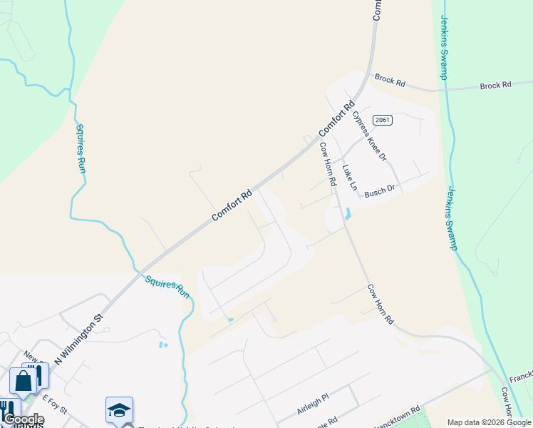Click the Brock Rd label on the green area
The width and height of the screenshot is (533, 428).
click(x=496, y=85)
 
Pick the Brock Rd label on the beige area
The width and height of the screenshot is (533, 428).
click(x=390, y=81)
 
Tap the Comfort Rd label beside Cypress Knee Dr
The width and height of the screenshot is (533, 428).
click(x=336, y=120)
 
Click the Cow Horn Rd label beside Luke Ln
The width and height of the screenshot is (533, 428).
click(x=328, y=165)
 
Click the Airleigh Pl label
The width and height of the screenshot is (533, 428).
click(x=312, y=407)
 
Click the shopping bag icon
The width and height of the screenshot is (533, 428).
click(x=23, y=381)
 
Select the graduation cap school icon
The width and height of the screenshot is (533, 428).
click(x=119, y=409)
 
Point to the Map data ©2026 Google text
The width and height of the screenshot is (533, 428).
click(x=489, y=422)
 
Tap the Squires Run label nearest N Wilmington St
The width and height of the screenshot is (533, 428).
click(x=168, y=286)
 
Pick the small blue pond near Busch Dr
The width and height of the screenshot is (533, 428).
click(x=348, y=213)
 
